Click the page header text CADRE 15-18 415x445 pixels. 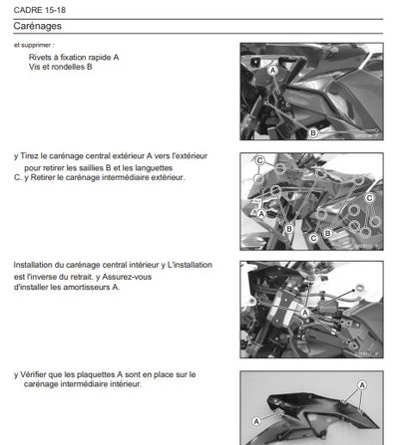[x=40, y=10]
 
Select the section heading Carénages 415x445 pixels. [x=38, y=26]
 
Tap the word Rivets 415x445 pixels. [x=39, y=57]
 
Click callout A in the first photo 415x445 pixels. [x=272, y=71]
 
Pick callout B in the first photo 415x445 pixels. [x=313, y=132]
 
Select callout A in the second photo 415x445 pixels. [x=261, y=214]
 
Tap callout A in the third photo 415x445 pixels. [x=304, y=313]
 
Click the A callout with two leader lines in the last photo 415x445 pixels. [x=362, y=385]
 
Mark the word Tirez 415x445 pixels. [x=29, y=156]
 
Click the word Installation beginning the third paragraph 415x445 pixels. [x=32, y=265]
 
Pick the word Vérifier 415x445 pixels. [x=33, y=374]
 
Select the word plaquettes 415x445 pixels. [x=95, y=374]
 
